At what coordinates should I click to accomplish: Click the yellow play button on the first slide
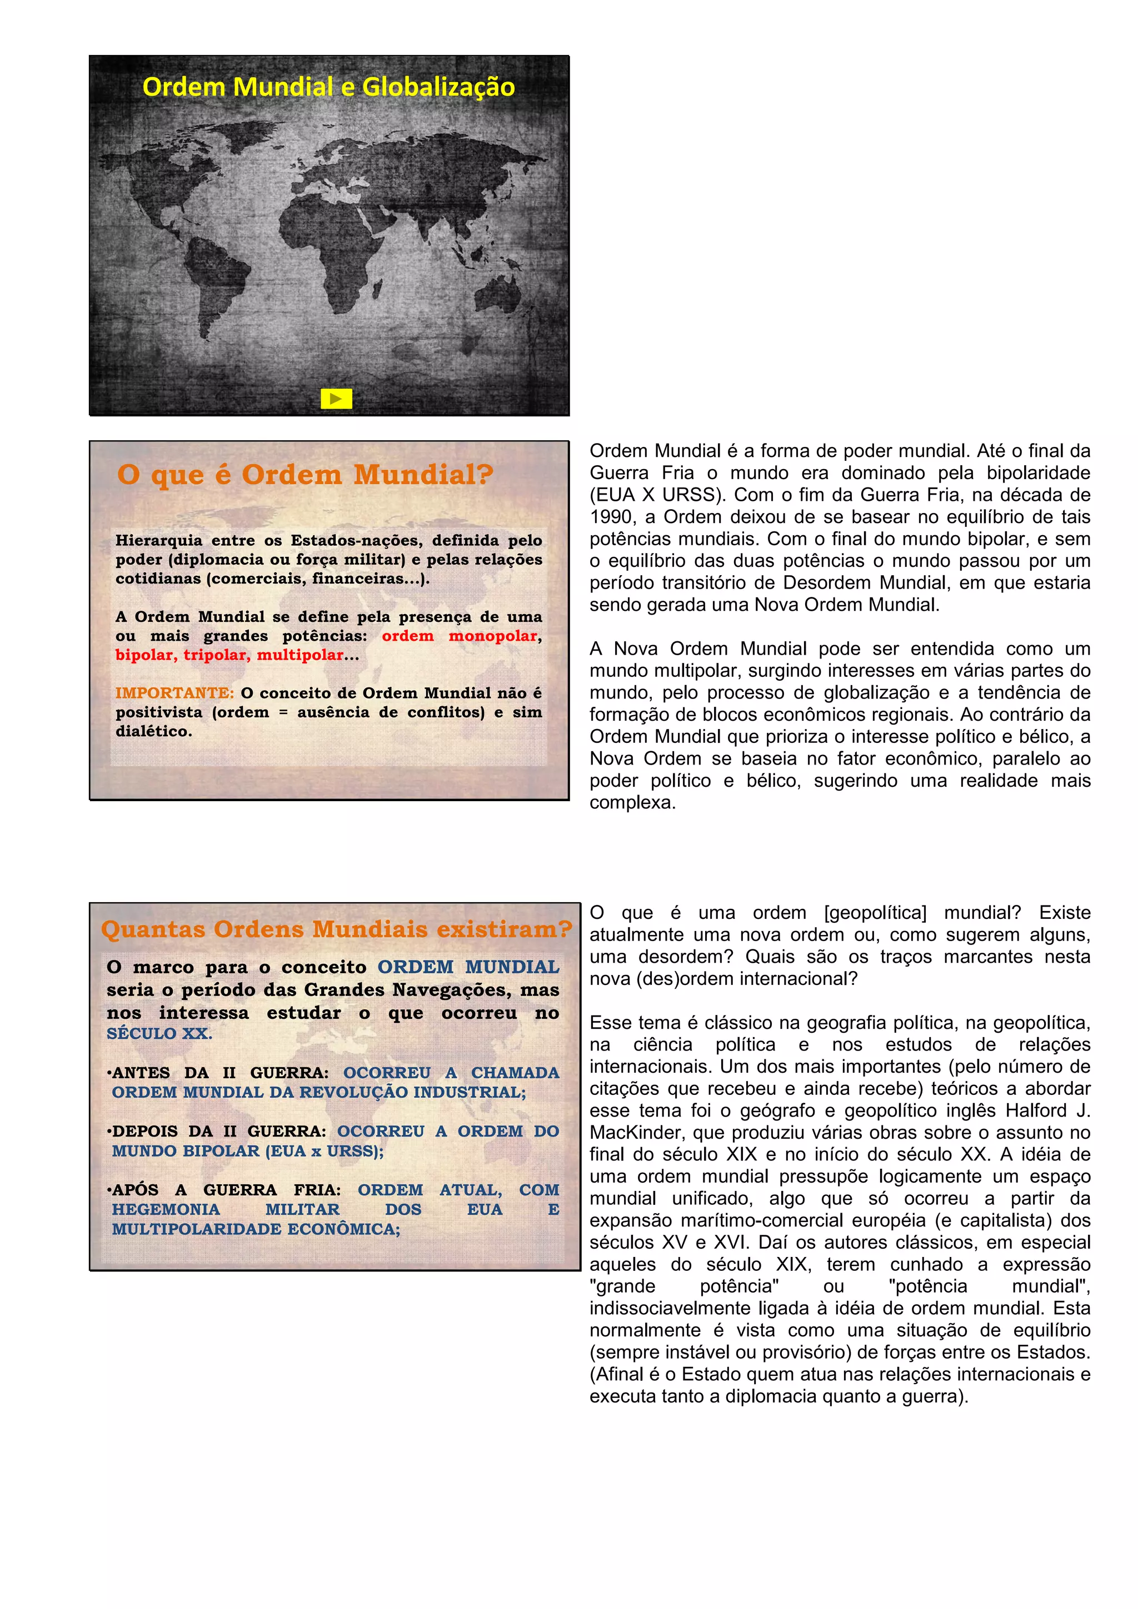coord(336,399)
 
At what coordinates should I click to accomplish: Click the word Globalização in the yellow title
coord(438,87)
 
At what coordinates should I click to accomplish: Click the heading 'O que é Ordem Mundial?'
coord(305,475)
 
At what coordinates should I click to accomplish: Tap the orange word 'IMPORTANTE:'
coord(174,693)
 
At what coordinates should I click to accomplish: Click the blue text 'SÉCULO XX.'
coord(159,1033)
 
